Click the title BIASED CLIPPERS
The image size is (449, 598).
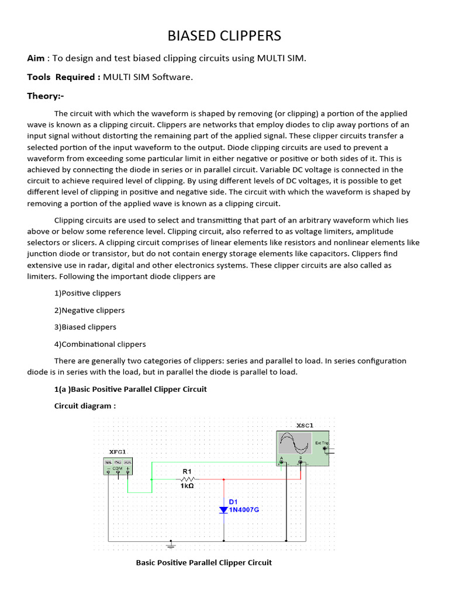(x=224, y=36)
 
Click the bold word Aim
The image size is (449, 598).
(x=36, y=58)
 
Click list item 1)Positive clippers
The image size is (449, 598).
(x=87, y=293)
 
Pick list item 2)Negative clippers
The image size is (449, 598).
(x=89, y=310)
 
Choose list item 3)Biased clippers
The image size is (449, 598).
(x=85, y=327)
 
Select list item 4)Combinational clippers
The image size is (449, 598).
(x=100, y=344)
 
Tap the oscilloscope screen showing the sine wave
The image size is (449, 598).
(x=295, y=443)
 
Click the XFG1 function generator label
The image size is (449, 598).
(x=118, y=451)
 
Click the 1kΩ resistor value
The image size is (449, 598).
(x=187, y=485)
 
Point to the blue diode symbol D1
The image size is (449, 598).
(x=223, y=510)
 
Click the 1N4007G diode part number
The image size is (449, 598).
(x=244, y=510)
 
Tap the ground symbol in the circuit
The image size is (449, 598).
(x=171, y=544)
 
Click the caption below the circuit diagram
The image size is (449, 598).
(x=203, y=562)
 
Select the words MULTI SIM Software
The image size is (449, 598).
(x=148, y=77)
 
